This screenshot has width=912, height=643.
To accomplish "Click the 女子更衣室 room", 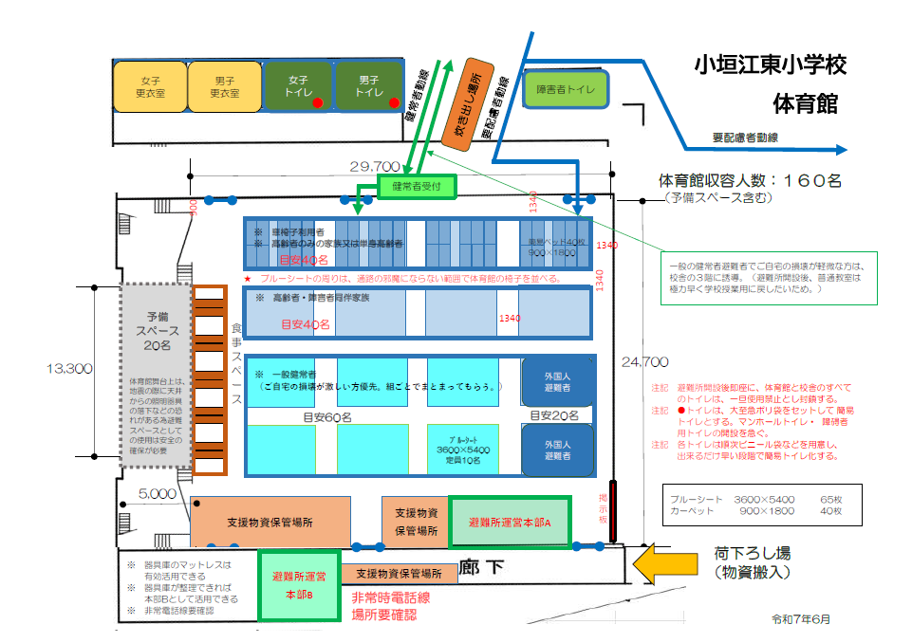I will pyautogui.click(x=150, y=86).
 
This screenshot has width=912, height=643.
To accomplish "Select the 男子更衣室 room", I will pyautogui.click(x=225, y=86).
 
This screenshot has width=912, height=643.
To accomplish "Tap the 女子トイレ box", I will pyautogui.click(x=298, y=86).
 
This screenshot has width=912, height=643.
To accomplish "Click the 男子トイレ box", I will pyautogui.click(x=367, y=86).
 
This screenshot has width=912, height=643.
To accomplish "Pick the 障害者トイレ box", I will pyautogui.click(x=566, y=89).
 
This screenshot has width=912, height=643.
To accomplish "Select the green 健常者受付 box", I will pyautogui.click(x=418, y=187).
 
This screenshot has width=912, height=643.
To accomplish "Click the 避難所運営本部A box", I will pyautogui.click(x=510, y=523).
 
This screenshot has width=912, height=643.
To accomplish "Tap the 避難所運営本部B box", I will pyautogui.click(x=299, y=585).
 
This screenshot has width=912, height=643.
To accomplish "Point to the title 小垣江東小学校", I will pyautogui.click(x=770, y=65).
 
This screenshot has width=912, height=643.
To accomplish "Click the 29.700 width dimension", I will pyautogui.click(x=374, y=168).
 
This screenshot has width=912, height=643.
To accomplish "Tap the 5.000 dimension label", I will pyautogui.click(x=157, y=493).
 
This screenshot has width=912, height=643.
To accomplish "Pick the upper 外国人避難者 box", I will pyautogui.click(x=558, y=381).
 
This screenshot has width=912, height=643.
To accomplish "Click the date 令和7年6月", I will pyautogui.click(x=801, y=619).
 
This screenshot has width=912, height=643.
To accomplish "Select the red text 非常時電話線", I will pyautogui.click(x=392, y=598).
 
